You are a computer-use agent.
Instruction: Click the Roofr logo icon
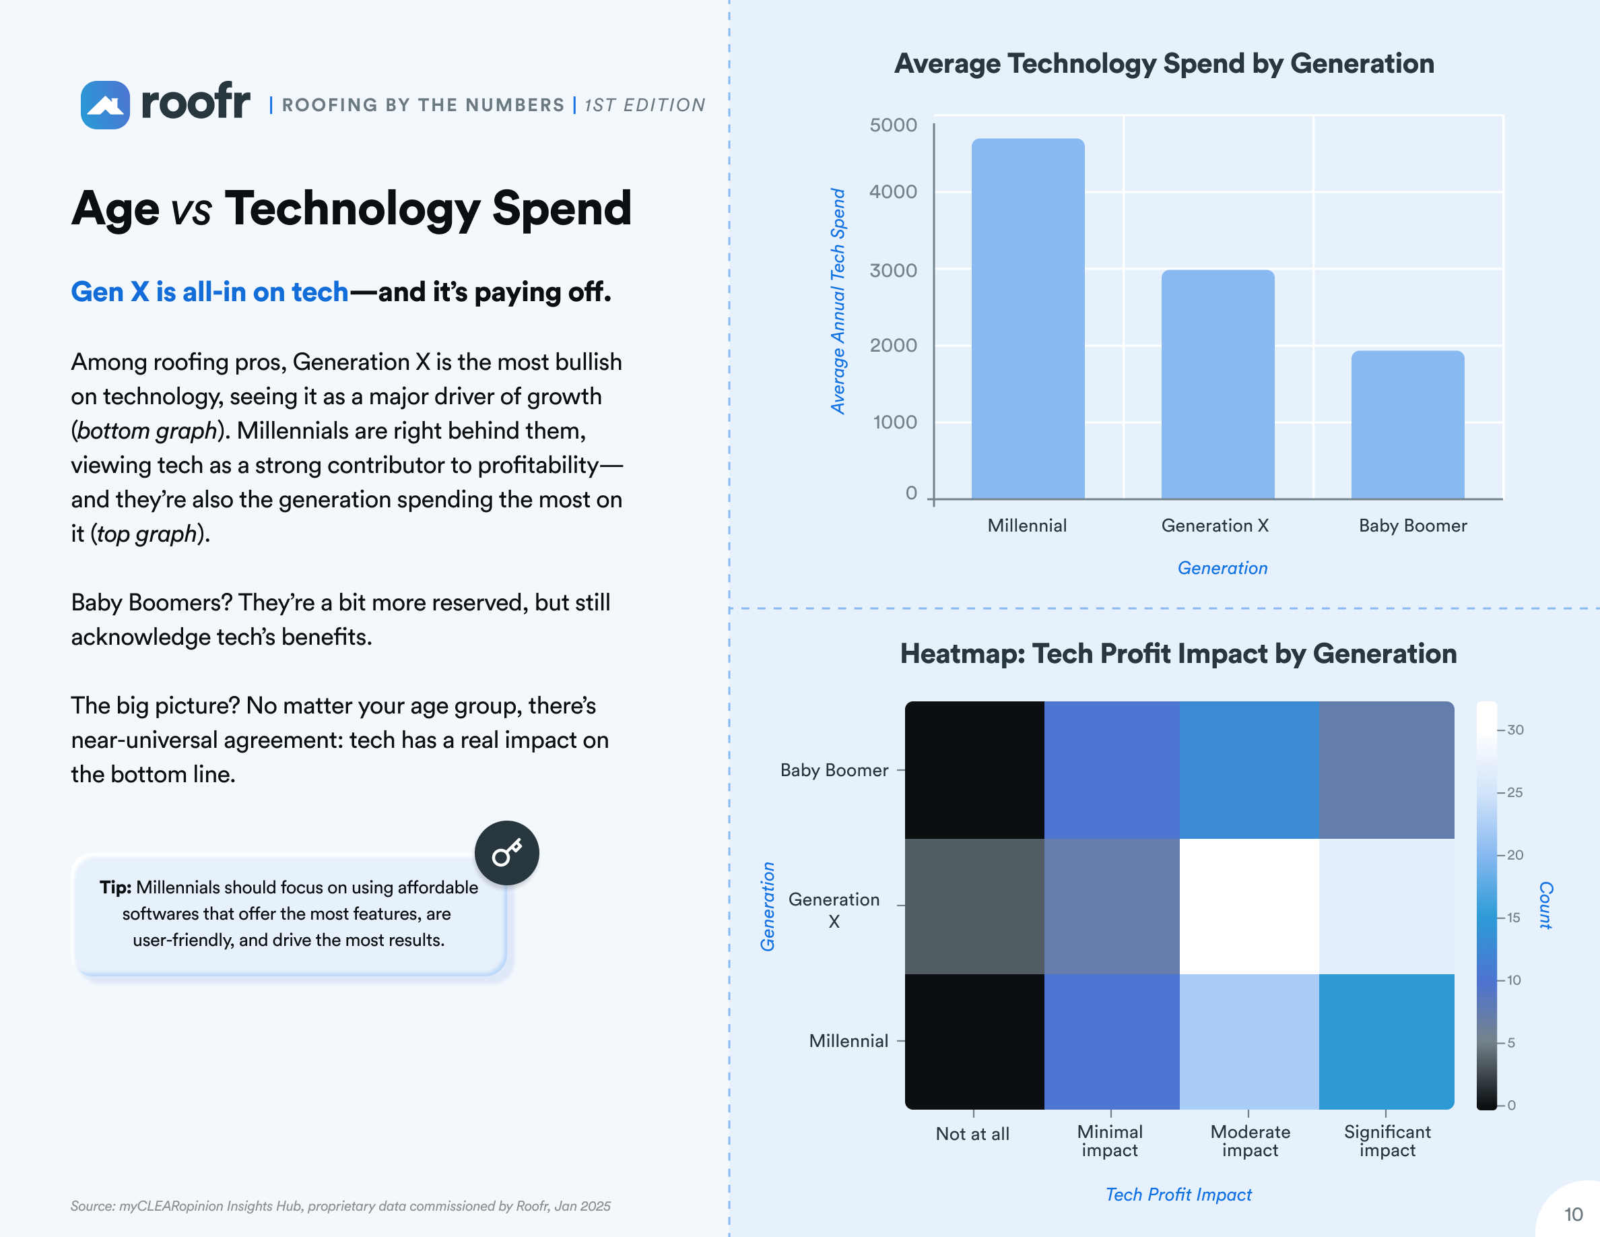pos(105,105)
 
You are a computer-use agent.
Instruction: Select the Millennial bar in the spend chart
pos(1027,319)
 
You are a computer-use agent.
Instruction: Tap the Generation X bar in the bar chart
pos(1217,385)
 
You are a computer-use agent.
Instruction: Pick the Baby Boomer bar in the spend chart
pos(1407,425)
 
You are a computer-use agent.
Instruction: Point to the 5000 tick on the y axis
pos(892,125)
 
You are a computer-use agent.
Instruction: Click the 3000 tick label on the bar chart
pos(892,270)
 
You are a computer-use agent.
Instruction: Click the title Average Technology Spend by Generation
pos(1164,64)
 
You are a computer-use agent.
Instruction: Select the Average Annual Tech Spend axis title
pos(837,300)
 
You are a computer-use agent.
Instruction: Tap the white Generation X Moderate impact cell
pos(1248,906)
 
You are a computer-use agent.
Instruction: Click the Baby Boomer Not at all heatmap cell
pos(974,769)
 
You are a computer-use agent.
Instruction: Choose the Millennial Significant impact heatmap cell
pos(1385,1041)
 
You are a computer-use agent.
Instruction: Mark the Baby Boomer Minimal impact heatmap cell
pos(1110,769)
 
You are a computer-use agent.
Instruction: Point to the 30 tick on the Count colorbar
pos(1514,730)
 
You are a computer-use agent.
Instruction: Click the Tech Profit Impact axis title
pos(1178,1195)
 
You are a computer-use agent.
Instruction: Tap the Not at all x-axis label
pos(972,1134)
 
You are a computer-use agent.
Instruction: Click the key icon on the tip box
pos(506,853)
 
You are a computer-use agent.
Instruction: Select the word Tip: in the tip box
pos(115,887)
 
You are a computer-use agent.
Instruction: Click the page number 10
pos(1573,1214)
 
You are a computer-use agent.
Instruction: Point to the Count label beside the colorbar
pos(1545,905)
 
